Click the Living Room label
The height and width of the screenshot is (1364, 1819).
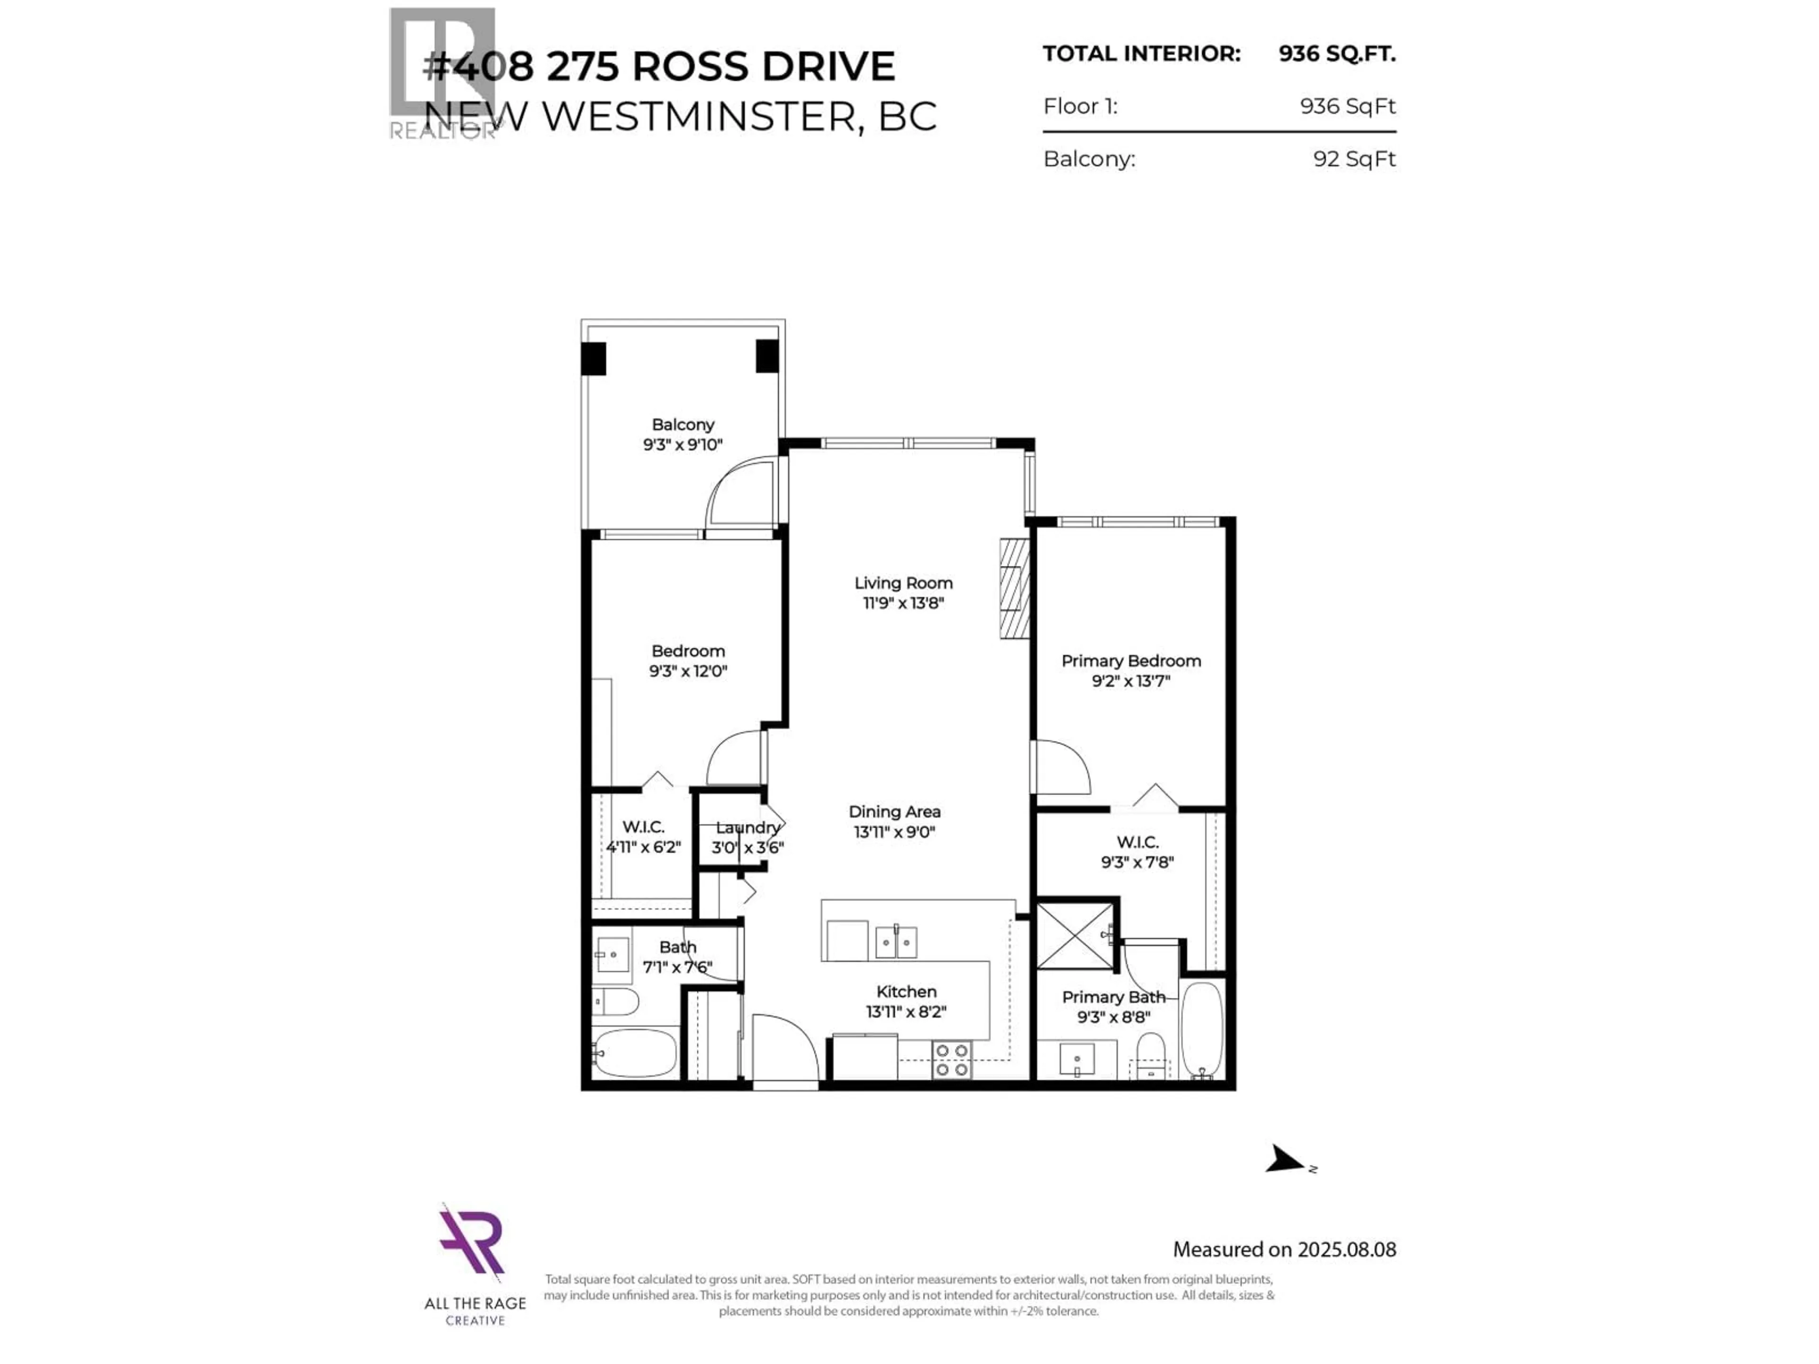[x=903, y=583]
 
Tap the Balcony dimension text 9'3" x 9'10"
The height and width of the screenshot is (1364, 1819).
[x=683, y=445]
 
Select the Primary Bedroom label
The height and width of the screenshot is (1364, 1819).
[x=1131, y=661]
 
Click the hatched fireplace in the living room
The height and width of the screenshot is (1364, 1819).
[x=1014, y=589]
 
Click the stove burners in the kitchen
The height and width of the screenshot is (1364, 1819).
[x=952, y=1060]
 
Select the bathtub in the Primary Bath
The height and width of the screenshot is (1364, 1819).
[x=1202, y=1029]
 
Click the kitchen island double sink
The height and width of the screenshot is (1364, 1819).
[x=895, y=942]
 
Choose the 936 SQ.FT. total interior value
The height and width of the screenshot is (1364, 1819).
[x=1336, y=54]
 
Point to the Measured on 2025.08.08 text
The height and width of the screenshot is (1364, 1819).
[x=1284, y=1250]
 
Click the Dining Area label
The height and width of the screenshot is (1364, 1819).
[x=895, y=811]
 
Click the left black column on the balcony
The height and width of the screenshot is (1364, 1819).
[x=593, y=359]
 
